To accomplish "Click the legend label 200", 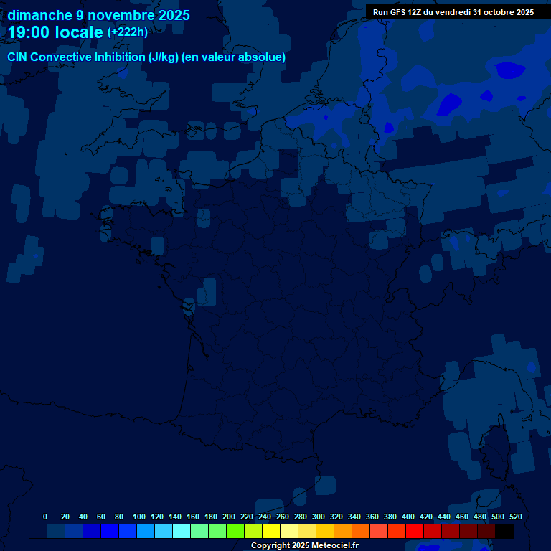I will (229, 517).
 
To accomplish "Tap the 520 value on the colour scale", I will (516, 517).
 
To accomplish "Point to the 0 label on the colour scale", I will (45, 517).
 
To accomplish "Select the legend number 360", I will (372, 517).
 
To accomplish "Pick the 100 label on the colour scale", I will (139, 517).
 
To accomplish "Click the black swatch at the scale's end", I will (504, 532).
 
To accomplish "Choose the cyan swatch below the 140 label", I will (182, 532).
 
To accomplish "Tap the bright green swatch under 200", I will (235, 532).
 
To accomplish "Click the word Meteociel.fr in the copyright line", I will (335, 546).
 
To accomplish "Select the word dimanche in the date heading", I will (40, 15).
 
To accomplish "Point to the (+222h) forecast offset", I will (128, 32).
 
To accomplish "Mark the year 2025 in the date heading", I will (171, 15).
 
